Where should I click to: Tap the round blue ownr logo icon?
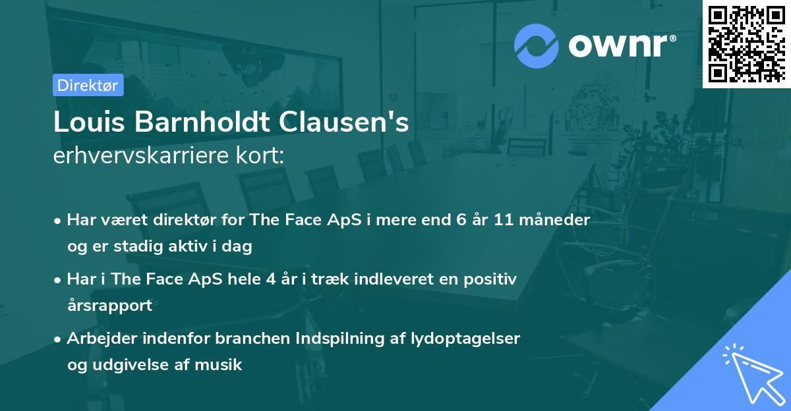click(537, 45)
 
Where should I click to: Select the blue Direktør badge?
click(88, 85)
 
